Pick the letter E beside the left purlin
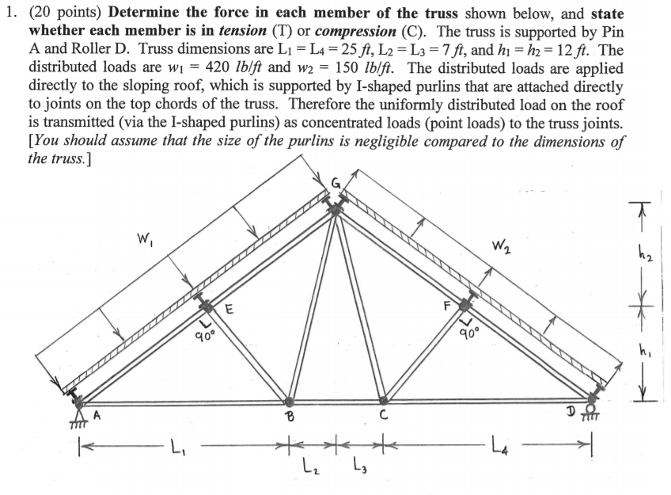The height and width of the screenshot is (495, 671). coord(229,310)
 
